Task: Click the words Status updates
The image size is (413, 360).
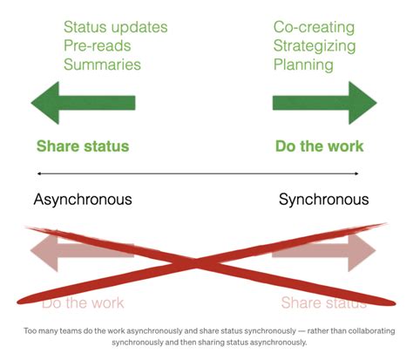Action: coord(116,28)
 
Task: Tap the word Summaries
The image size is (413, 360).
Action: coord(102,65)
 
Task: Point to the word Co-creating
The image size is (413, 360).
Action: coord(314,28)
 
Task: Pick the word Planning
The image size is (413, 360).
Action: coord(302,65)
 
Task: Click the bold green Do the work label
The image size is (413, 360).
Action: coord(319,146)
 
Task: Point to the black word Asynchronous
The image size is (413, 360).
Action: coord(83,200)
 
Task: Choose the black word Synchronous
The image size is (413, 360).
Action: coord(323,200)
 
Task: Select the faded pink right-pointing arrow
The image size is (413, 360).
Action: coord(325,251)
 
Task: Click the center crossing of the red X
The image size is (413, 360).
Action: coord(202,261)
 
